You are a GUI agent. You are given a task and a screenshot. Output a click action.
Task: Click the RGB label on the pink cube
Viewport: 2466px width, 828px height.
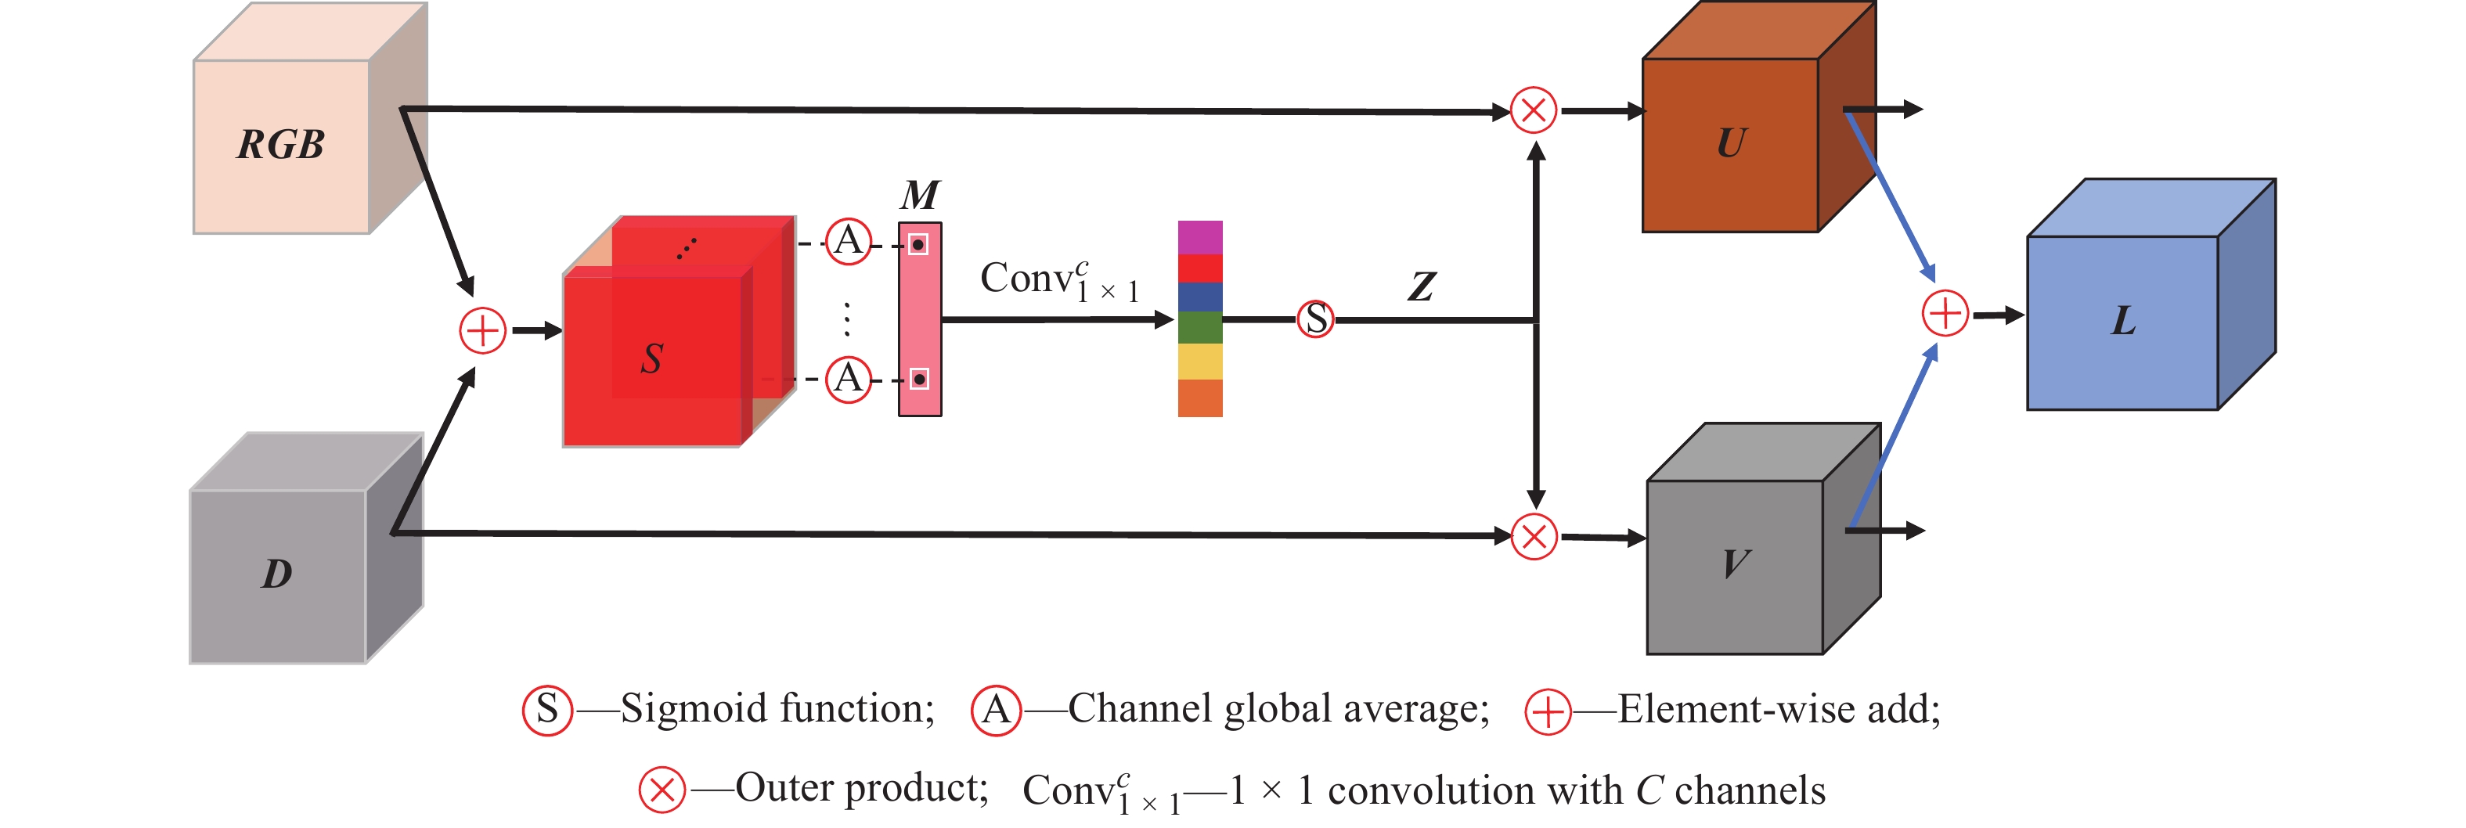(280, 146)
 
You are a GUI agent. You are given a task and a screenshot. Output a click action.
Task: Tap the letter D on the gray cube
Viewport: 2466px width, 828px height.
(276, 574)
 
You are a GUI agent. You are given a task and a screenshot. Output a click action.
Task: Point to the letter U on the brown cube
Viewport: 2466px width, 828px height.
(1731, 143)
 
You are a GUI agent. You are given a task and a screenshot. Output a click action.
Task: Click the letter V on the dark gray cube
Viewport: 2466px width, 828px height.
(1736, 563)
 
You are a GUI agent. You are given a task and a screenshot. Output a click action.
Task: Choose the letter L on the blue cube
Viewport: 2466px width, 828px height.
(2123, 322)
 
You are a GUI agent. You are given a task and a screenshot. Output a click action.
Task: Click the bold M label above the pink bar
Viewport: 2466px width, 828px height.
(920, 196)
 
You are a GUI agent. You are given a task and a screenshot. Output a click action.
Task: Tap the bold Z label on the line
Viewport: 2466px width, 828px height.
(1422, 286)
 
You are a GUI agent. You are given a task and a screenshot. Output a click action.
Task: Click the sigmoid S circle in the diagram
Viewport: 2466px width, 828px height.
(1316, 319)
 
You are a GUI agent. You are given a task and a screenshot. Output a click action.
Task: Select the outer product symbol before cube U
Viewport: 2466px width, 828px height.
(1534, 110)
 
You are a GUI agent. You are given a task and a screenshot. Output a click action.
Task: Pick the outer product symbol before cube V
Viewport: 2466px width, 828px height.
(1534, 536)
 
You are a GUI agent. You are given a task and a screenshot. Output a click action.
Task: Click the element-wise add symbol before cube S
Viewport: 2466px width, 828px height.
(482, 331)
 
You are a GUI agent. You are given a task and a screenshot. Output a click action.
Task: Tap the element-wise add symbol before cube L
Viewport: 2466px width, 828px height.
(1945, 314)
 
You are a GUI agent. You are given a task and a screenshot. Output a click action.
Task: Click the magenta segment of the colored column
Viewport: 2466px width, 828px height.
(1199, 236)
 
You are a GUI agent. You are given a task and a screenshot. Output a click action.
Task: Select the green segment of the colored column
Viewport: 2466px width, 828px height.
(1199, 327)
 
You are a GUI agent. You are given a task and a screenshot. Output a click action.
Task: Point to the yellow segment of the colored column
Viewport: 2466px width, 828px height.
(1199, 362)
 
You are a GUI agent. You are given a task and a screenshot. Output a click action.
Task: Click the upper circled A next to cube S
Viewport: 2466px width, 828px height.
(848, 240)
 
